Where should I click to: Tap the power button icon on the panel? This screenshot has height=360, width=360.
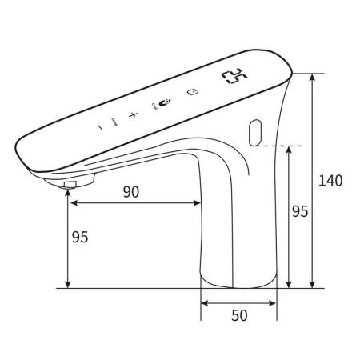click(192, 92)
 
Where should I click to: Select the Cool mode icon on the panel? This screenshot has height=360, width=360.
click(165, 103)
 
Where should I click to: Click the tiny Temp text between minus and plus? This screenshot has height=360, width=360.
click(114, 121)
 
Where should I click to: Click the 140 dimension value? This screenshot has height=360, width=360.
click(330, 180)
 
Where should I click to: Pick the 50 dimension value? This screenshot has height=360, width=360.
click(239, 315)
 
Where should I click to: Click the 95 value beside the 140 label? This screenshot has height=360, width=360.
click(299, 211)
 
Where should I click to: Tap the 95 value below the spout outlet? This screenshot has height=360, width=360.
click(80, 238)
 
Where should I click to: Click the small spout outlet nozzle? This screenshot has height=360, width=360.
click(69, 186)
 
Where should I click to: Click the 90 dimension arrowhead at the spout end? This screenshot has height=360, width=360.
click(73, 202)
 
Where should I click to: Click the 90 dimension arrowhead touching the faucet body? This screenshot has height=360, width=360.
click(196, 202)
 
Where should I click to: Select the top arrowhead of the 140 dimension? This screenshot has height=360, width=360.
click(312, 78)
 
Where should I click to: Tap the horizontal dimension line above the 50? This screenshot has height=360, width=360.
click(239, 302)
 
